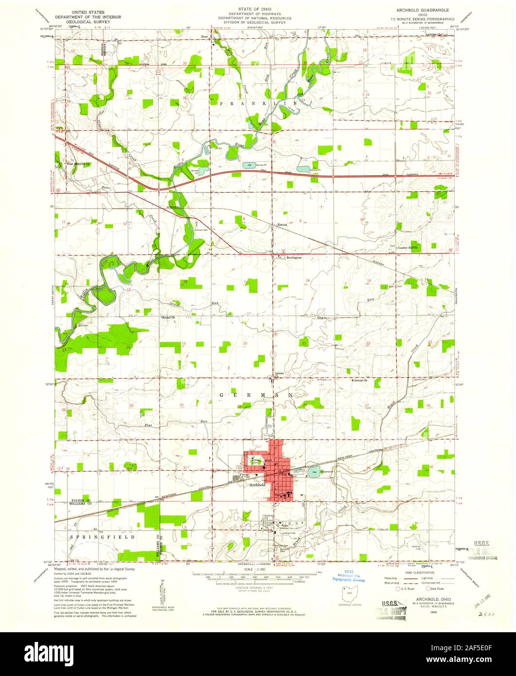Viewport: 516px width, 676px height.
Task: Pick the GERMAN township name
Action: click(x=255, y=396)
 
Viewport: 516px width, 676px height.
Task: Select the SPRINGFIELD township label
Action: click(x=103, y=537)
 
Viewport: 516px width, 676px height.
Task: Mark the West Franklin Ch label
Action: click(x=79, y=164)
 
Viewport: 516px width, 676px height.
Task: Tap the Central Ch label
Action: click(x=360, y=380)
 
